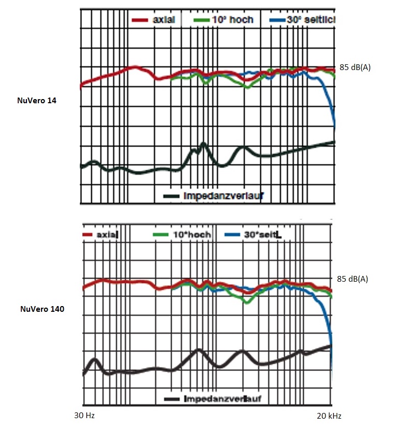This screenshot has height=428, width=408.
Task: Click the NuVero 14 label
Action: coord(37,101)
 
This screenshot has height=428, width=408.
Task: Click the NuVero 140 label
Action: coord(42,309)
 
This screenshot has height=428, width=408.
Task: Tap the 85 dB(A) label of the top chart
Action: coord(355,67)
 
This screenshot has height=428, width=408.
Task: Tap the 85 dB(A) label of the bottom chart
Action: coord(353,279)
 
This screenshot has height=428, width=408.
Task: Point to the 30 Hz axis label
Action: coord(85,416)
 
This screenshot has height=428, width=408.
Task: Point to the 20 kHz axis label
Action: coord(329,416)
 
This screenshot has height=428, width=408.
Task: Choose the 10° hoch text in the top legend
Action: coord(232,20)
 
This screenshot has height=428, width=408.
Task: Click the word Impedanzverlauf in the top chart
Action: coord(223,196)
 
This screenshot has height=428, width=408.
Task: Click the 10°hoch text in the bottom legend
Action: coord(192,234)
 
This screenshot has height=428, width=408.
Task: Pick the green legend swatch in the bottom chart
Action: coord(162,234)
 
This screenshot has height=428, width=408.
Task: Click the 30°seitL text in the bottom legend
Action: coord(262,234)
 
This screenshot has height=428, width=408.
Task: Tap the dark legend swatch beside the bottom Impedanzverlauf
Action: coord(172,399)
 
